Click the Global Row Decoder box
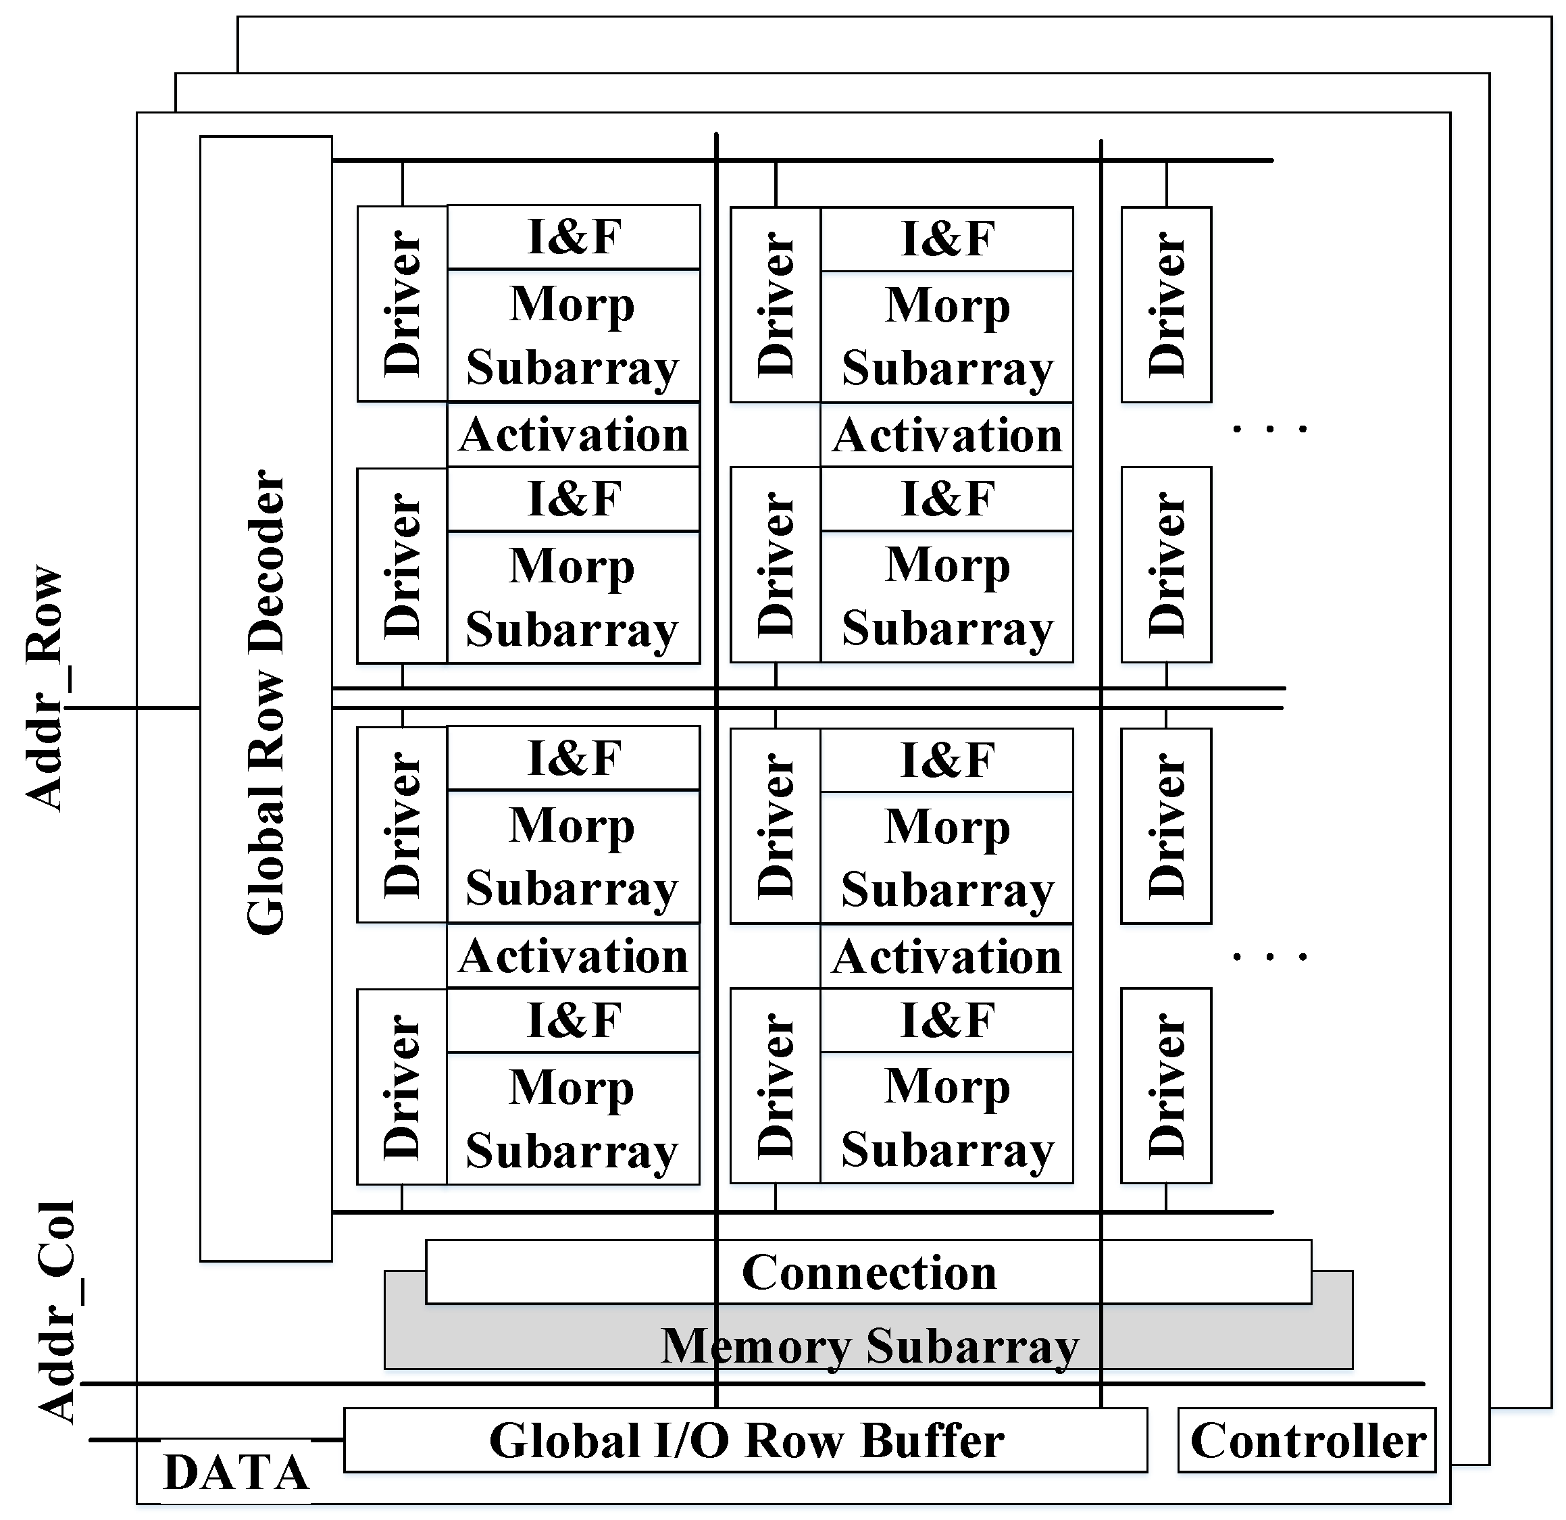(x=266, y=700)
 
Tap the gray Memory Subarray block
(x=869, y=1346)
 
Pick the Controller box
(x=1307, y=1440)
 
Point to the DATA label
(x=236, y=1472)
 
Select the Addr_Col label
(x=56, y=1311)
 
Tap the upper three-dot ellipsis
(x=1269, y=429)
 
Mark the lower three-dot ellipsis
(x=1269, y=955)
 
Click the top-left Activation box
(x=573, y=434)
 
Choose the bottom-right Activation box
(x=946, y=956)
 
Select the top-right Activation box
(x=946, y=435)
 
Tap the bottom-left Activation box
(x=573, y=956)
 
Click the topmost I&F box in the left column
(x=573, y=237)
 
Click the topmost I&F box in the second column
(x=946, y=239)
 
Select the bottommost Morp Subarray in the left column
(x=573, y=1118)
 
